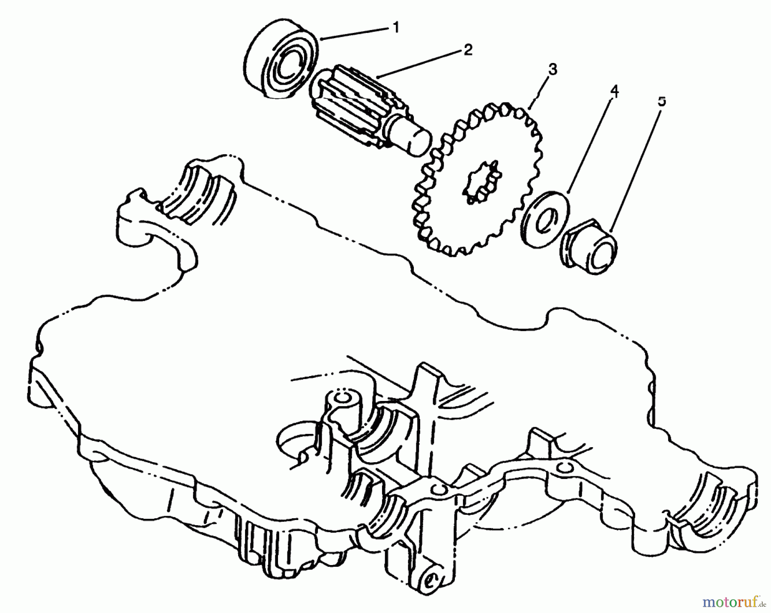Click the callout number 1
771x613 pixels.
point(395,28)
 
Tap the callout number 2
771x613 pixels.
point(467,50)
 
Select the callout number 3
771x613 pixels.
point(553,69)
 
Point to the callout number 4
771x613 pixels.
point(614,91)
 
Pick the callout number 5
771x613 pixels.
point(662,102)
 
